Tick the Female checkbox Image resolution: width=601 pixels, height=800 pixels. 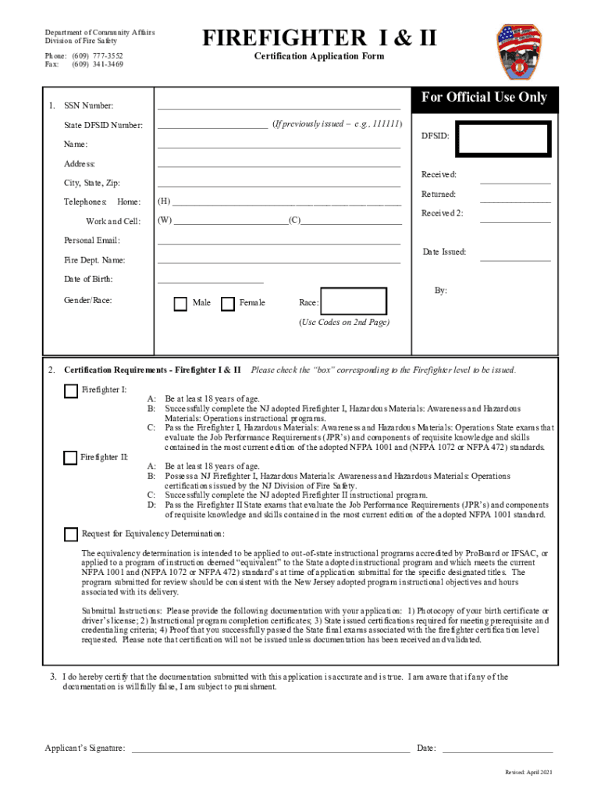click(228, 304)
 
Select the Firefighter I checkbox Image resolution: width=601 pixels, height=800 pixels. click(71, 391)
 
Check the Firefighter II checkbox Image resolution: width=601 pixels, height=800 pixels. click(71, 458)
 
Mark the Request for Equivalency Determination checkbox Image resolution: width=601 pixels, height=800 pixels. click(71, 534)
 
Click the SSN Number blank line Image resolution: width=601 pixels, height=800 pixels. click(279, 106)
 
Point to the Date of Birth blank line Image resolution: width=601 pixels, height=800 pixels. click(211, 280)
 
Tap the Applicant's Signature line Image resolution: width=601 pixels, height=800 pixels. click(270, 749)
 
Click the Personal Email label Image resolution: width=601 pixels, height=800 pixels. click(92, 241)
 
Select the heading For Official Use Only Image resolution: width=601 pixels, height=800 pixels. click(484, 98)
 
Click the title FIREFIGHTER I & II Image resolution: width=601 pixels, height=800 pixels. click(319, 38)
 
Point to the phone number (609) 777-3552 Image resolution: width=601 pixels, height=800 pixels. click(98, 56)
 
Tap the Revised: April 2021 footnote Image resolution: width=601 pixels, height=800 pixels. click(528, 773)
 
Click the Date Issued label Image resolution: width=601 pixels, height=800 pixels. click(444, 252)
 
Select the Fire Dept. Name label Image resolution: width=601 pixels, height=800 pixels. click(94, 260)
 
